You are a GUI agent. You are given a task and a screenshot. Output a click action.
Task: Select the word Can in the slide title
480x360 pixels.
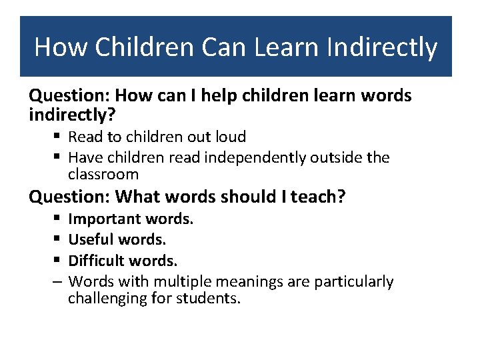click(x=210, y=47)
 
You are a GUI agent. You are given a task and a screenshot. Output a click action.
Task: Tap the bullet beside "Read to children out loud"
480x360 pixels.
click(x=59, y=137)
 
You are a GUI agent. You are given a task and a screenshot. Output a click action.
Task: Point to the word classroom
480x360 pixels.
click(x=103, y=175)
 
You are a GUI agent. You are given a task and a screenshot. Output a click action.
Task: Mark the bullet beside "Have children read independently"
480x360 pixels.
click(x=59, y=158)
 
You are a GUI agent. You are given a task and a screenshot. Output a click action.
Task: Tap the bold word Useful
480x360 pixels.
click(x=91, y=239)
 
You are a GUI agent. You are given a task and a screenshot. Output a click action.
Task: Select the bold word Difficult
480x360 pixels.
click(x=97, y=260)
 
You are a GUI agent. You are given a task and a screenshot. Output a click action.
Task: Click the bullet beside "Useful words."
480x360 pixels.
click(x=59, y=239)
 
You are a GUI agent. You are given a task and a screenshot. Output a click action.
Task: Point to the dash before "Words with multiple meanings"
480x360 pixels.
click(x=59, y=282)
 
